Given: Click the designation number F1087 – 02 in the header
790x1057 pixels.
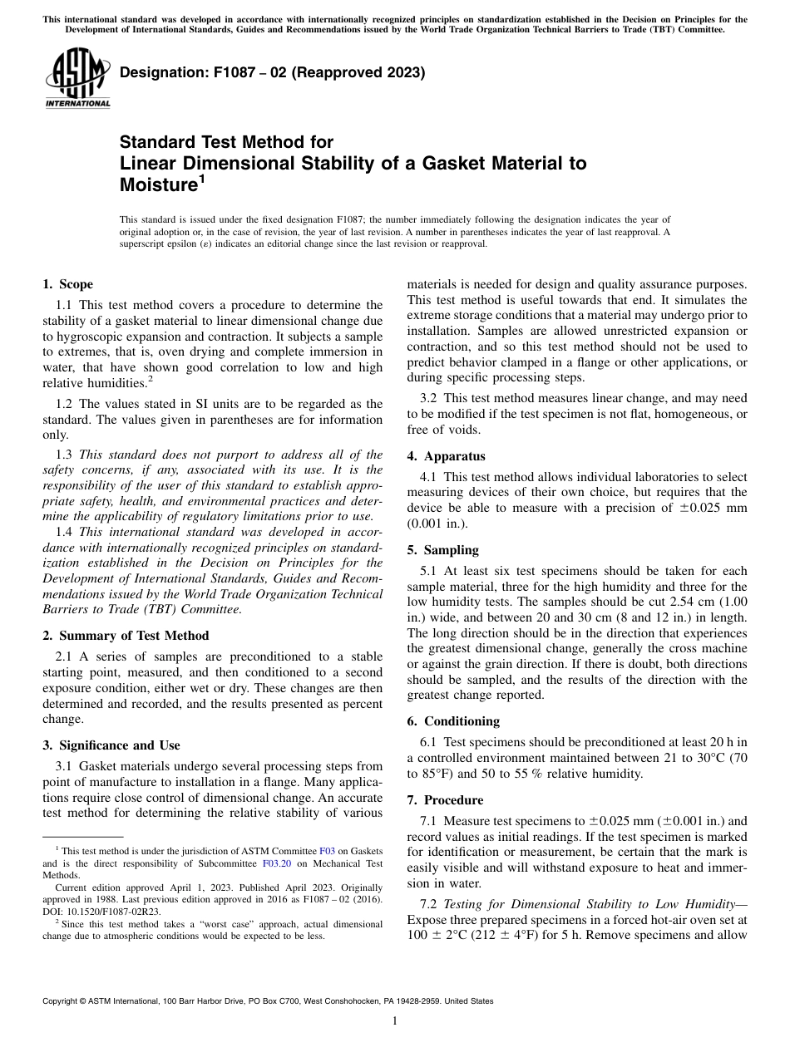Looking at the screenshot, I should (x=242, y=72).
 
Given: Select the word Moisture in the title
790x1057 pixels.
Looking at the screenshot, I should (x=158, y=185).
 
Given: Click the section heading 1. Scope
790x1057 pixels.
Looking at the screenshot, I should (x=67, y=284).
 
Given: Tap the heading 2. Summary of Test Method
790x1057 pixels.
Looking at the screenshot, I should (x=126, y=636).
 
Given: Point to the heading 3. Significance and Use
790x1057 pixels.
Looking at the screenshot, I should (x=111, y=745).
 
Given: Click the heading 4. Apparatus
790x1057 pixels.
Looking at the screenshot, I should (x=447, y=456).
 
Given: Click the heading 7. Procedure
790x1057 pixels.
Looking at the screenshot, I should (x=445, y=800).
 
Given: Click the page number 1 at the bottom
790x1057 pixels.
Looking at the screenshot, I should (x=395, y=1021).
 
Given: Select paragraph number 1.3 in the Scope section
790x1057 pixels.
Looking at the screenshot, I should (x=65, y=455).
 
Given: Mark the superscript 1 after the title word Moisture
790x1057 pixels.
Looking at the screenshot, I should (x=201, y=179).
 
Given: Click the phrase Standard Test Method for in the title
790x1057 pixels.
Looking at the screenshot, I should (x=226, y=142).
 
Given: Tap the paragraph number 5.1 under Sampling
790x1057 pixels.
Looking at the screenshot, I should (x=430, y=571).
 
